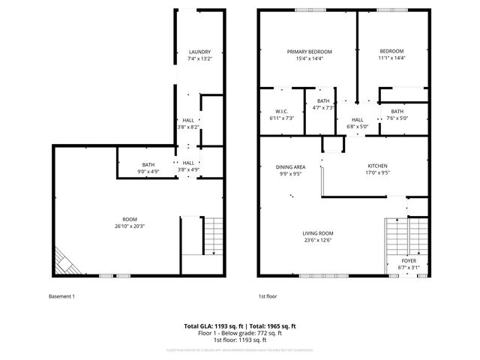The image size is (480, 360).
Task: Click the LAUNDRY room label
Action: [199, 52]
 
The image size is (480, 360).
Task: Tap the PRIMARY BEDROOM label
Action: [310, 52]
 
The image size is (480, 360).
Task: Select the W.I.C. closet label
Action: [281, 112]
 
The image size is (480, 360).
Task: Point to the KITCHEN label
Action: [377, 165]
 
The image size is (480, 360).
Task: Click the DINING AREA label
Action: [290, 166]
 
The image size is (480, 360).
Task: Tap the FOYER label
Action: [409, 260]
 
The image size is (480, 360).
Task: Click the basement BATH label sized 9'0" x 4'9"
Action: [148, 165]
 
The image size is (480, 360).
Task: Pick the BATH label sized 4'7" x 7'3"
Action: [323, 101]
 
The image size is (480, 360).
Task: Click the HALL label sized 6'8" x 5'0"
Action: [358, 120]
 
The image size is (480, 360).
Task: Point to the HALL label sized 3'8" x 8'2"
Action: [188, 120]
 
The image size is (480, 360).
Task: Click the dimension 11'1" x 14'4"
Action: [391, 58]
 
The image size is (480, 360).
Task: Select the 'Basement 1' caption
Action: [62, 296]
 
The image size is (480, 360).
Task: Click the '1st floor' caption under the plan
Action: [268, 296]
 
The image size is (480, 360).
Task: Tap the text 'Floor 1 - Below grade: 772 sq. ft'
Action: [240, 332]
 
